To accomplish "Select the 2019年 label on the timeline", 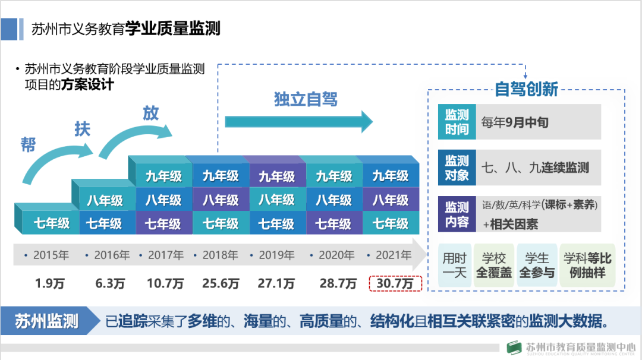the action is [276, 255].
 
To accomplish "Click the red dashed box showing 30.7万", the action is [396, 283].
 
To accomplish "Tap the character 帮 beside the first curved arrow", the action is [28, 144].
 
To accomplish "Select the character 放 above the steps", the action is [151, 113].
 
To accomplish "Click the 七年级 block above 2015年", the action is [51, 224].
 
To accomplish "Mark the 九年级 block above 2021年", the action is [391, 176].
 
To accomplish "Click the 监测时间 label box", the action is [457, 122].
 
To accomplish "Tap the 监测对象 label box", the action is [457, 168].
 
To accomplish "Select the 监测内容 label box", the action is [457, 214].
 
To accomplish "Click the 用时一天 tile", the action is [455, 266].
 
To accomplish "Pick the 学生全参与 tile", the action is [537, 266].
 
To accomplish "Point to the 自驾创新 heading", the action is [526, 89].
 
